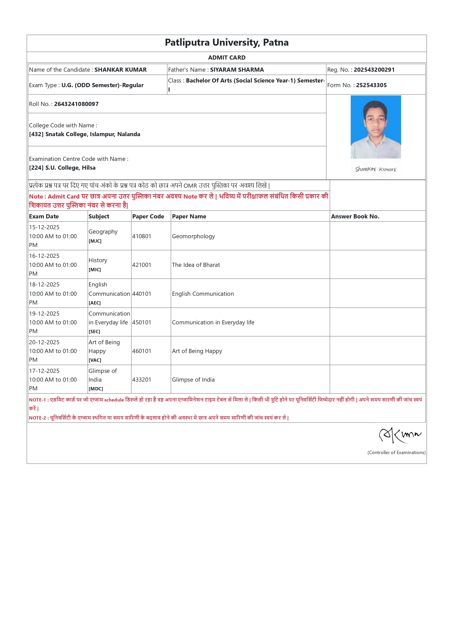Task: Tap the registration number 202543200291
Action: (374, 70)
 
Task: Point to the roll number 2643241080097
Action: (76, 104)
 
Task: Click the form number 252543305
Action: (371, 85)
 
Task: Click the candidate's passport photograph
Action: (376, 127)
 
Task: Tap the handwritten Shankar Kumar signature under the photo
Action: (376, 169)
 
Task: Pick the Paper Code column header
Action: (148, 216)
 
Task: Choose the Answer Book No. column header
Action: (355, 216)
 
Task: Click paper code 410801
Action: (142, 236)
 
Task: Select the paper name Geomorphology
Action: (193, 236)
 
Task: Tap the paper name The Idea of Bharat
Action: (196, 265)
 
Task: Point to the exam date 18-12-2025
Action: (44, 285)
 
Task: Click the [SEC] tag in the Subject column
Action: (94, 331)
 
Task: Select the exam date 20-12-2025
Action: (44, 342)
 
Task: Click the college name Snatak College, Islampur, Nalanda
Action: (93, 134)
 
